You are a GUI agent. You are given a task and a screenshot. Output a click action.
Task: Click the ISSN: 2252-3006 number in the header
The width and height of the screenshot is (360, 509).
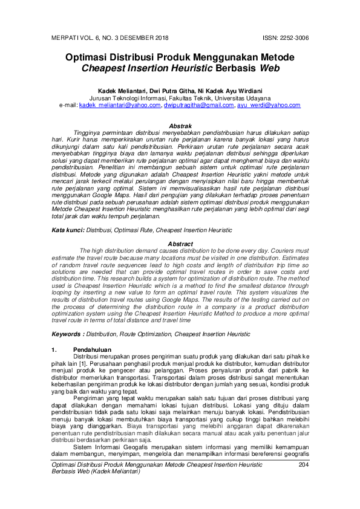(286, 37)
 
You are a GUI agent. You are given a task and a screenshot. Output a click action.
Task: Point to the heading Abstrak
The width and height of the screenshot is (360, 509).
(180, 125)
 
